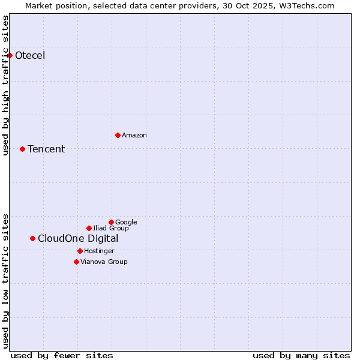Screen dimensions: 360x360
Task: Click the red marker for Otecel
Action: tap(10, 55)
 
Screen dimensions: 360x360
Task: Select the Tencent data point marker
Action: tap(22, 149)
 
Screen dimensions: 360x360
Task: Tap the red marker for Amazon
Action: tap(118, 135)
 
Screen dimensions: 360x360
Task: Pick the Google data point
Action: tap(111, 222)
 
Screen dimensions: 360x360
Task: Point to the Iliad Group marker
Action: tap(89, 228)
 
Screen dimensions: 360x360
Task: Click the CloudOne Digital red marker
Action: tap(32, 238)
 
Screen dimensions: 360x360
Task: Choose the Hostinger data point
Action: tap(80, 251)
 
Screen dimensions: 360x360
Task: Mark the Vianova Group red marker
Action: tap(76, 262)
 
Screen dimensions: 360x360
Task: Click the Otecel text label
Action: tap(30, 56)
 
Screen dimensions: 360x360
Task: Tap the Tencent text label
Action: tap(46, 149)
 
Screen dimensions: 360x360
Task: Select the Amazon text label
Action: tap(134, 136)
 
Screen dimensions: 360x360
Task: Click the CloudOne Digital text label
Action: tap(78, 239)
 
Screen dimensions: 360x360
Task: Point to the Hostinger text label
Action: tap(99, 251)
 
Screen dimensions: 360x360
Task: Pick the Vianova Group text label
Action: tap(104, 262)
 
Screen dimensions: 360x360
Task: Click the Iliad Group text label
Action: tap(111, 229)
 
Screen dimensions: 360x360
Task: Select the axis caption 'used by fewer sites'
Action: tap(62, 355)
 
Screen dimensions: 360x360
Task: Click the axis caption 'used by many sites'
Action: tap(301, 355)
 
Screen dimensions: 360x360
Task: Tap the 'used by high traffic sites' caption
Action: tap(6, 85)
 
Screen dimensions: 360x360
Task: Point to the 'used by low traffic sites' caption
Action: tap(6, 280)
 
